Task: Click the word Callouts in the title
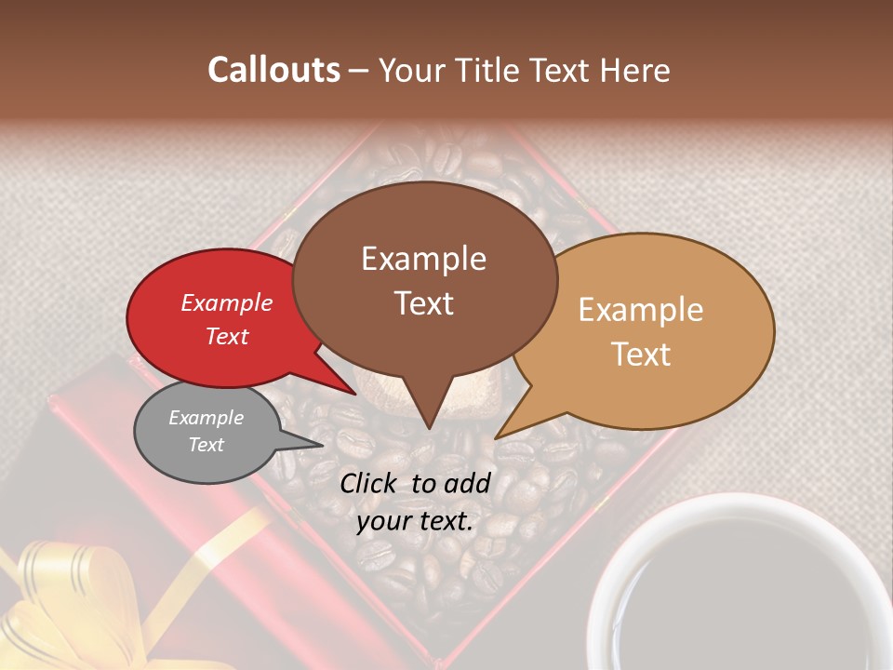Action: point(273,70)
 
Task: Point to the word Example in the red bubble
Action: point(226,303)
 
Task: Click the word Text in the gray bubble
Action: point(206,445)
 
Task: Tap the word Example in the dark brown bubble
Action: point(423,259)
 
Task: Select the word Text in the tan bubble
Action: point(642,355)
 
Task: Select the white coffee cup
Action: point(735,586)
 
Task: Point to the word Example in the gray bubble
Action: point(206,418)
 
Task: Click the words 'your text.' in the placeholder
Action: point(415,522)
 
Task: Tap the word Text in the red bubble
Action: point(226,337)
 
